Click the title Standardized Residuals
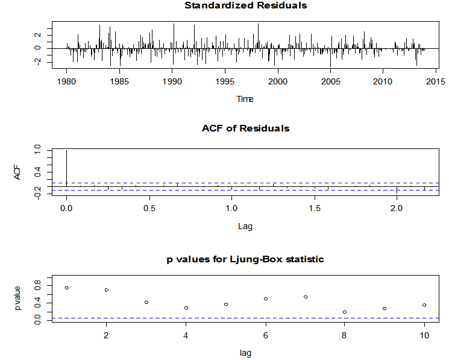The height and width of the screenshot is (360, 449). (245, 6)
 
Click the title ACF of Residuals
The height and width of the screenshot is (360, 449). (245, 128)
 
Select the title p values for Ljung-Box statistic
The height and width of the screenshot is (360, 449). (245, 259)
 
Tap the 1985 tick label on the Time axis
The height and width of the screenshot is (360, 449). (119, 81)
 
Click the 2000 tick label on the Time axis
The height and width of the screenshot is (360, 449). (278, 81)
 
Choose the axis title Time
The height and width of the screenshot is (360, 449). (245, 99)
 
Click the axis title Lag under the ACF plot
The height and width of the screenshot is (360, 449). (245, 227)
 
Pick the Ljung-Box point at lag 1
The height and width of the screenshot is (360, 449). (67, 288)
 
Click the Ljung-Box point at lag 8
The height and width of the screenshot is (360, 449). (345, 312)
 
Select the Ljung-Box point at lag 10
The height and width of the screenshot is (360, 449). (424, 305)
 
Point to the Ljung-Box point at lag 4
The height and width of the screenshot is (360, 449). (186, 308)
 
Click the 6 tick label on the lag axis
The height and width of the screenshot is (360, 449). (265, 335)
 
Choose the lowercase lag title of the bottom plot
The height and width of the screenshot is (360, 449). (245, 353)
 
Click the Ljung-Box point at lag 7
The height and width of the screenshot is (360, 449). (306, 297)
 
